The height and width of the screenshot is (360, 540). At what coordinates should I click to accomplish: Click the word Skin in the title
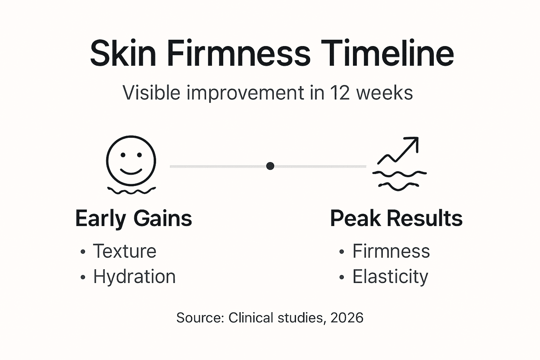123,53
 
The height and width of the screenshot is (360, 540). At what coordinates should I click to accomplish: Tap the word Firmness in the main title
239,53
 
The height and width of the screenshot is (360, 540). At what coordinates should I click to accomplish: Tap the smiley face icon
131,160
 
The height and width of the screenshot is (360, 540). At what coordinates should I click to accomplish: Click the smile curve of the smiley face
131,172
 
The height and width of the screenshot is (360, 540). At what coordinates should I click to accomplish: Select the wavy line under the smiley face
131,191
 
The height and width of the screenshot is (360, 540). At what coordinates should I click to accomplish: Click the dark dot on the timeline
270,166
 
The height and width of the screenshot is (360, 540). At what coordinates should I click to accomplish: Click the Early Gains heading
134,219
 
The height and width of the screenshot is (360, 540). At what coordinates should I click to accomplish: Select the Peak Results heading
396,219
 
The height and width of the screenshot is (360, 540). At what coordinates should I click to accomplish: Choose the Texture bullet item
124,251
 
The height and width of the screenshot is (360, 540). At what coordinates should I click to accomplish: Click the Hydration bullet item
134,277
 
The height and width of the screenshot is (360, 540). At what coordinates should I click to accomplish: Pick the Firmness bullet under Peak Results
391,251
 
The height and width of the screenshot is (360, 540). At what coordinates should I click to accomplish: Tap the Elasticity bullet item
390,277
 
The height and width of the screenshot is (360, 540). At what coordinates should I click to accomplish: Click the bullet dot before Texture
83,252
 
